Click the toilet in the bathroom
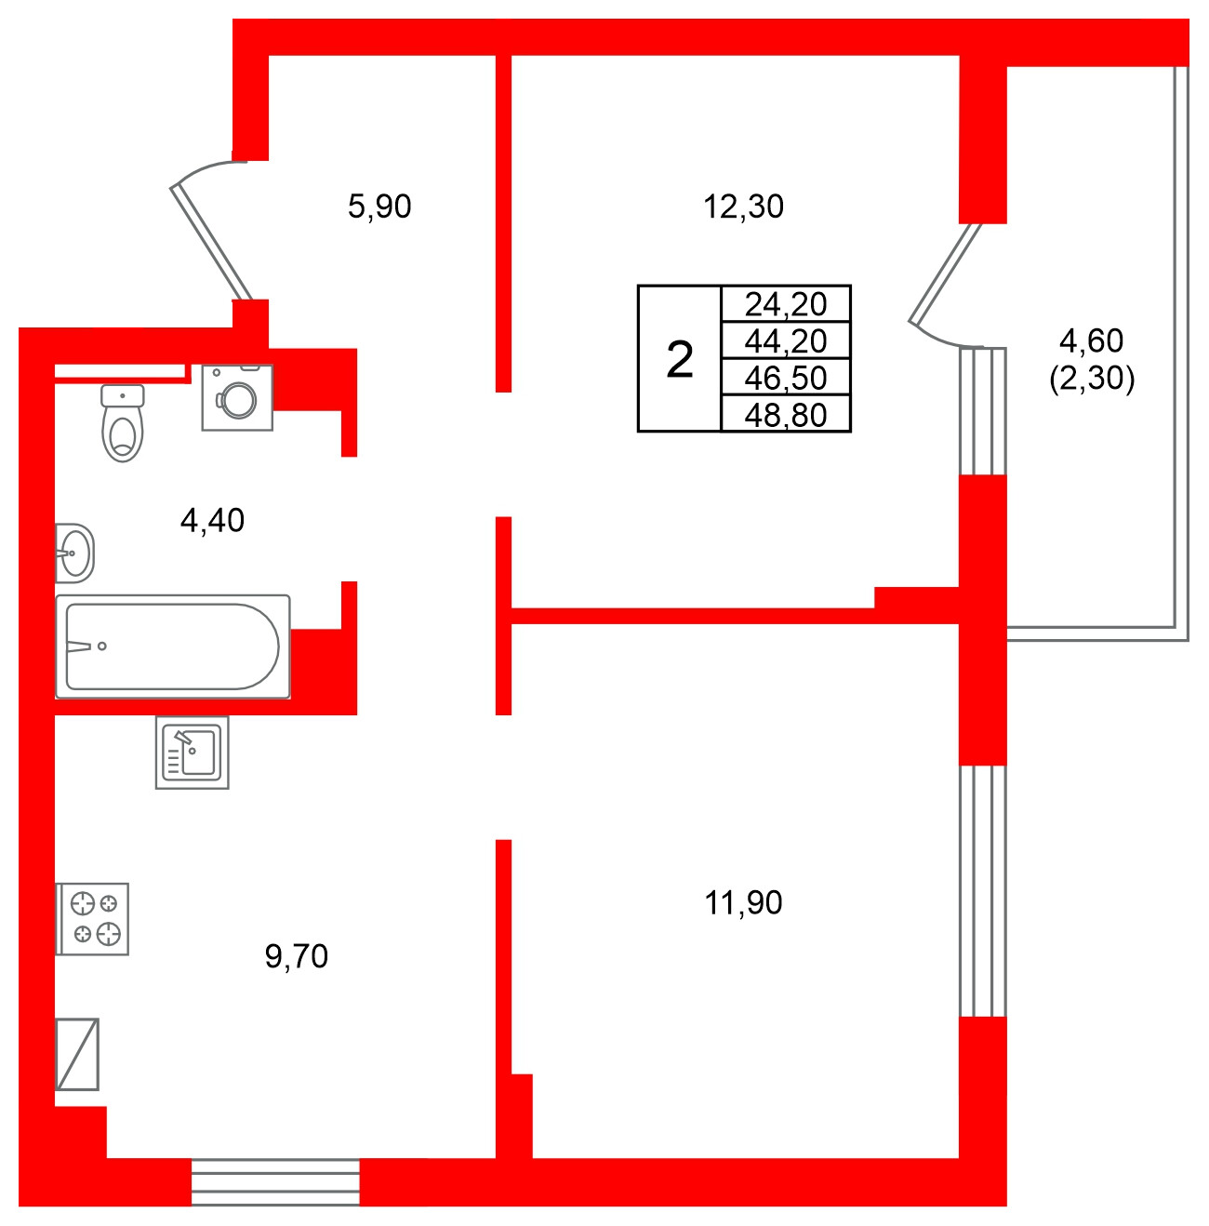(x=123, y=424)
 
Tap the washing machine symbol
(x=237, y=397)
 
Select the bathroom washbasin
(x=74, y=553)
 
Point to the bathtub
(x=173, y=646)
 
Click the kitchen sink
(x=192, y=753)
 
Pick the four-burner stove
(x=93, y=918)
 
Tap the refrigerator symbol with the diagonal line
(x=77, y=1054)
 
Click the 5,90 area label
(x=379, y=206)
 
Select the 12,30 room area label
(x=743, y=206)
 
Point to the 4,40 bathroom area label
(x=212, y=520)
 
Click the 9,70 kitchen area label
(x=297, y=955)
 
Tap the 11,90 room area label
(x=743, y=902)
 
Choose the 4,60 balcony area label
(x=1092, y=340)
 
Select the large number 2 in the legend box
(x=680, y=359)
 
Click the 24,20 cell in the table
(x=786, y=303)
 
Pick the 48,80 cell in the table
(x=786, y=415)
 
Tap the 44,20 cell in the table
(x=786, y=340)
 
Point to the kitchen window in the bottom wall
(x=275, y=1182)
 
